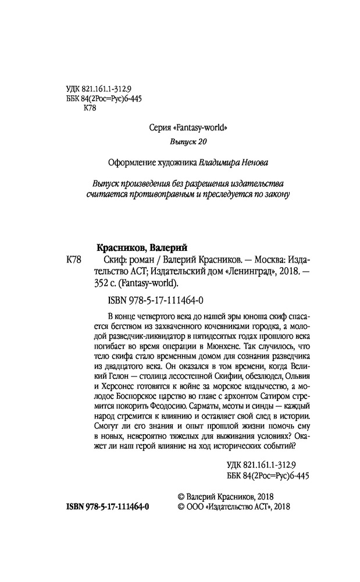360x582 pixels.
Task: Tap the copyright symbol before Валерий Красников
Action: click(179, 495)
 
